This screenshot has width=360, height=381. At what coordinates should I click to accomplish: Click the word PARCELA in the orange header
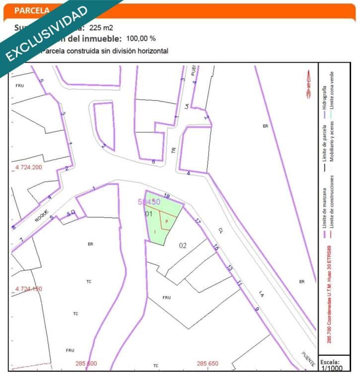32,10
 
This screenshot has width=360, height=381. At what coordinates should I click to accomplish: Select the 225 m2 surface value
101,28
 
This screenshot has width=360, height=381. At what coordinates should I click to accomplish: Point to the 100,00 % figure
141,39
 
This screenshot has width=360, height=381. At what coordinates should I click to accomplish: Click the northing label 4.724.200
29,168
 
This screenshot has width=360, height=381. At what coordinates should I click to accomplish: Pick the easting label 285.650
207,364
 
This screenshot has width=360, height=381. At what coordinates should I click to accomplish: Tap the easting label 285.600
86,364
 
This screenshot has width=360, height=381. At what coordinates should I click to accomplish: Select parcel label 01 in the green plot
148,214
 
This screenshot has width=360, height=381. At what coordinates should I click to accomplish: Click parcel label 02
183,245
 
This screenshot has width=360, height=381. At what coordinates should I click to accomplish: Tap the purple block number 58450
149,202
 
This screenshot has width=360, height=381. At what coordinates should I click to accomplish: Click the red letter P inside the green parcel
167,221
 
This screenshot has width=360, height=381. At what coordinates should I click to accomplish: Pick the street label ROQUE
43,217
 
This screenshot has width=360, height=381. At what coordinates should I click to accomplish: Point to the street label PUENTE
308,360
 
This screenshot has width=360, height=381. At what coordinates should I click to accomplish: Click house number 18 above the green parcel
167,196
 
